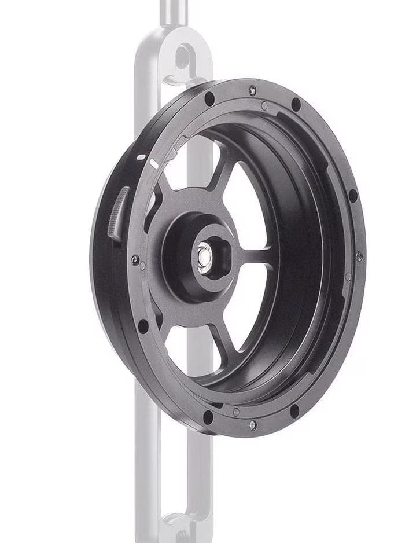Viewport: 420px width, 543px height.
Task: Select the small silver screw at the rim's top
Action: pos(252,90)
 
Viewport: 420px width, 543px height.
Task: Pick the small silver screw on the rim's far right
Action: pos(359,255)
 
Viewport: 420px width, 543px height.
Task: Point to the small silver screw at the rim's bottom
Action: pos(252,425)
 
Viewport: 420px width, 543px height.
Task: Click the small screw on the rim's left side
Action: pos(135,261)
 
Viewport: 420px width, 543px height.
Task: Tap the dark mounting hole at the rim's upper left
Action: pos(209,99)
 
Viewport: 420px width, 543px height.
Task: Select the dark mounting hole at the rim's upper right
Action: pos(296,105)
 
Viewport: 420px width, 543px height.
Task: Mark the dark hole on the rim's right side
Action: pos(352,196)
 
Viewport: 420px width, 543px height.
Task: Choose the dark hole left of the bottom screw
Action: pos(208,416)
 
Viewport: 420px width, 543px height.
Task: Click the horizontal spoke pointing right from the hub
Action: pos(255,255)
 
